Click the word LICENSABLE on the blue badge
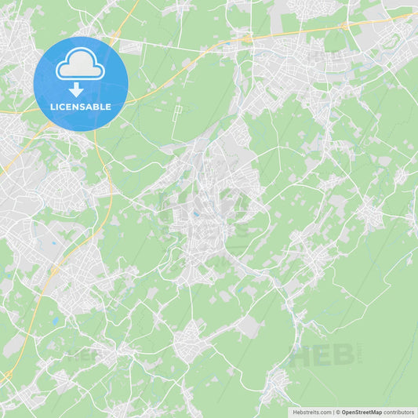pos(82,107)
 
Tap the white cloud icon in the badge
pos(81,65)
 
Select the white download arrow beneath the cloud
pos(76,89)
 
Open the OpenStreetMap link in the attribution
pos(360,411)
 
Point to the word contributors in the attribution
pos(398,411)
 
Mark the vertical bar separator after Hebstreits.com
pos(333,411)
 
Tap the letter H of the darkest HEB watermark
pos(301,355)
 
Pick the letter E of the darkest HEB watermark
pos(323,355)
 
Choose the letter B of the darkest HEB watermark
pos(343,355)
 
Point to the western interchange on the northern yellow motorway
pos(245,37)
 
